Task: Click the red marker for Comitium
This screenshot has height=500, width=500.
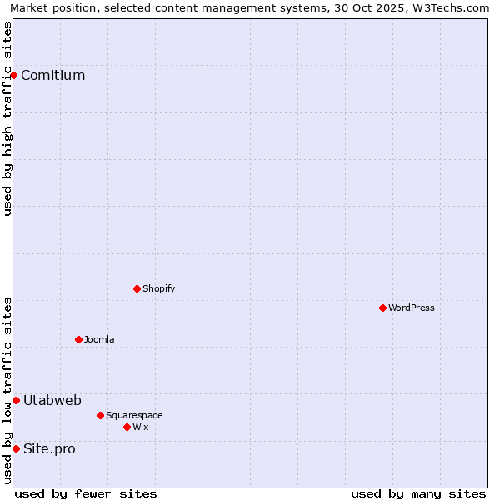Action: coord(13,76)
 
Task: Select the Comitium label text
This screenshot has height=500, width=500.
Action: coord(52,76)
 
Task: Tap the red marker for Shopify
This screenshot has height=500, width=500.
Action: coord(137,288)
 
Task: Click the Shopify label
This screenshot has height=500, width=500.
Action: coord(158,288)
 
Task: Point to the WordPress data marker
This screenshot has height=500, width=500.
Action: coord(382,307)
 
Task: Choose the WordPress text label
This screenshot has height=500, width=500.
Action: coord(411,307)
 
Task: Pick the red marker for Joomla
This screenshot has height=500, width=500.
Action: coord(78,339)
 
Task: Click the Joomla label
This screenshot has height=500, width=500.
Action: coord(99,339)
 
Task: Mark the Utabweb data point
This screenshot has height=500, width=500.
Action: coord(16,401)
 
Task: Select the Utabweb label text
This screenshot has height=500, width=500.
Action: coord(52,401)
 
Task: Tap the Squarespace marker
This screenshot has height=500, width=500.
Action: coord(100,415)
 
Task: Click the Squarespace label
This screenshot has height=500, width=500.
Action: coord(134,415)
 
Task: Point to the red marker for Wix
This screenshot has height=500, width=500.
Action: coord(127,427)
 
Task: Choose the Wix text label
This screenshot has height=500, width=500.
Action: coord(140,427)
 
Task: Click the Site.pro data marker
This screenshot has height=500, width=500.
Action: coord(16,448)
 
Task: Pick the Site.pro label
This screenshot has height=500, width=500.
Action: coord(49,449)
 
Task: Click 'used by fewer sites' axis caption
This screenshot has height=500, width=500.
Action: coord(86,493)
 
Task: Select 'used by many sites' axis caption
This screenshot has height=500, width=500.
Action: coord(418,493)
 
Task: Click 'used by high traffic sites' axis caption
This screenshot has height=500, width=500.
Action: coord(7,118)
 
